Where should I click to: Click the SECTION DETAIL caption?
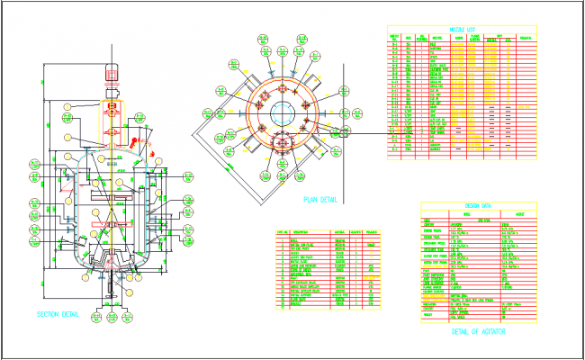pyautogui.click(x=58, y=314)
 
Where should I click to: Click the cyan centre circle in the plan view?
pyautogui.click(x=284, y=115)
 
